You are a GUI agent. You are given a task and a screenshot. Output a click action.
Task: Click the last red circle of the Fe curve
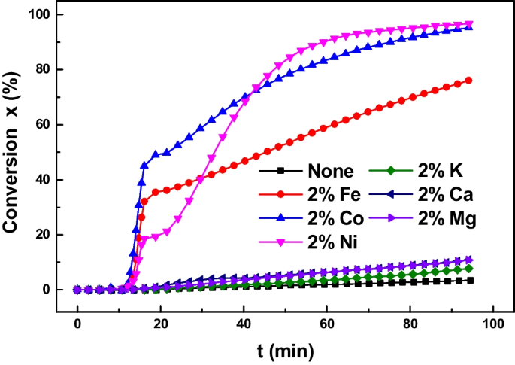[469, 80]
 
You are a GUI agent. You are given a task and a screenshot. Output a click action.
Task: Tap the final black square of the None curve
[470, 280]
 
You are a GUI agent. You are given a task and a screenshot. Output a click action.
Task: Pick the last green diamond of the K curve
[469, 268]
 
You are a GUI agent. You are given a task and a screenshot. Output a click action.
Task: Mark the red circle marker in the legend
[281, 195]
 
